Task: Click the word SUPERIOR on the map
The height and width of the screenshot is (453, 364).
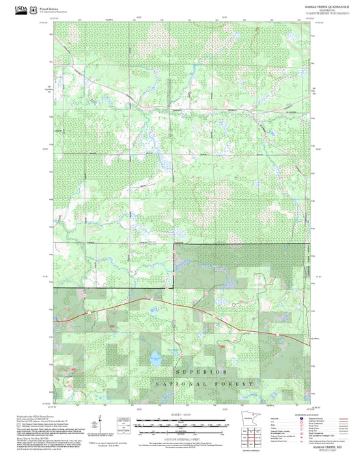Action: pyautogui.click(x=200, y=372)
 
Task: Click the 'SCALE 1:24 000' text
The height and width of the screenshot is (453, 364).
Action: pyautogui.click(x=181, y=415)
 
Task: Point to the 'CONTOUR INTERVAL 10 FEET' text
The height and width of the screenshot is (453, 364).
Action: pyautogui.click(x=181, y=433)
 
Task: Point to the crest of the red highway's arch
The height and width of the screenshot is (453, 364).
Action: pyautogui.click(x=147, y=298)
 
